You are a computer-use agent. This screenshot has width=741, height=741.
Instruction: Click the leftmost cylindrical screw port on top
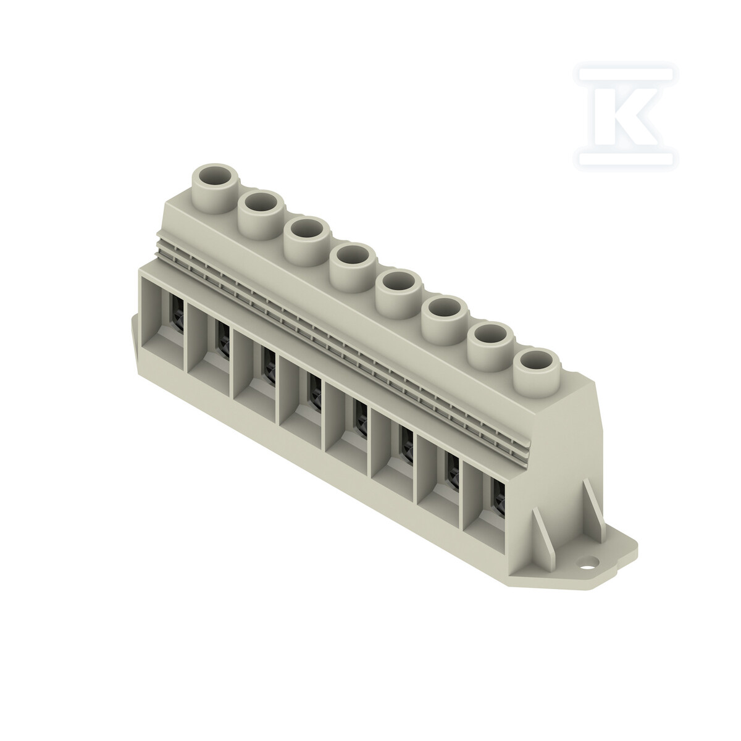click(215, 188)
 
